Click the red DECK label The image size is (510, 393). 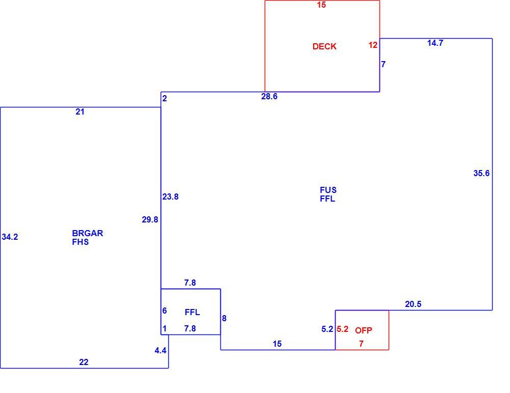click(324, 46)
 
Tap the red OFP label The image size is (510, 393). click(363, 330)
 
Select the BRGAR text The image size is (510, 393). click(87, 233)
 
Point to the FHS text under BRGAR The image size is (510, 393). click(81, 242)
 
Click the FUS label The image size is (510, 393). click(328, 190)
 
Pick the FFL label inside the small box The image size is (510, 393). click(192, 312)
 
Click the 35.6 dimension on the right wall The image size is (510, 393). click(481, 173)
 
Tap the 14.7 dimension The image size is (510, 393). click(435, 43)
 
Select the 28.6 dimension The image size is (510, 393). click(269, 96)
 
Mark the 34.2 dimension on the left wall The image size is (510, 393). click(10, 237)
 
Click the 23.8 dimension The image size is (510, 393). click(170, 196)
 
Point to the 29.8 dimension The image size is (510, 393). click(150, 219)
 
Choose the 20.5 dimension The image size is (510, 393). click(413, 304)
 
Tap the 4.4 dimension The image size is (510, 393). click(160, 350)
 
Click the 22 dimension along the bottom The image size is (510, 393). click(84, 362)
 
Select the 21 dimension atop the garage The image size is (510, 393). click(80, 111)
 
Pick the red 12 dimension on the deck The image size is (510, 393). click(373, 45)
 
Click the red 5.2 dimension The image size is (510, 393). click(343, 329)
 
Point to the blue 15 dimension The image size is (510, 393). click(277, 344)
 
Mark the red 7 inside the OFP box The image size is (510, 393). click(361, 344)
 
